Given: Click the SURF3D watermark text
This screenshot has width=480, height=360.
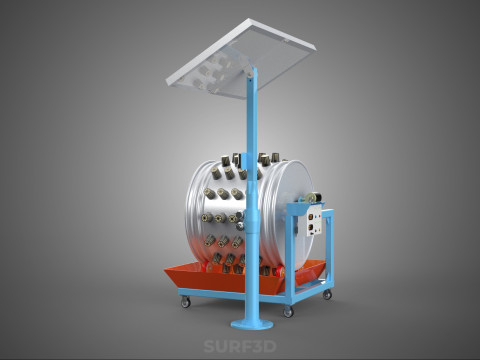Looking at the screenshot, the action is click(x=240, y=346).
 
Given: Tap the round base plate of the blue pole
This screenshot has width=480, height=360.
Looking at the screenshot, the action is click(x=252, y=324).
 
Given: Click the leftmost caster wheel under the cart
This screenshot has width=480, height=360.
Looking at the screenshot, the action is click(x=185, y=302).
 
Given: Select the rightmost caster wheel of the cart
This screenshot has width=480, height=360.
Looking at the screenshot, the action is click(x=327, y=294).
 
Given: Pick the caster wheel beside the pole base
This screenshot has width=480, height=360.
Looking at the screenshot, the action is click(x=288, y=312).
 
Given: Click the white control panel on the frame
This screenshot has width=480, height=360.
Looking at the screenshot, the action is click(x=313, y=221).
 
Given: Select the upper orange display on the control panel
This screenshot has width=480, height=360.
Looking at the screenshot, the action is click(x=311, y=217).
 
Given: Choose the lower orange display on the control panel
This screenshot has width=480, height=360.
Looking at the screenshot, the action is click(x=311, y=228).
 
